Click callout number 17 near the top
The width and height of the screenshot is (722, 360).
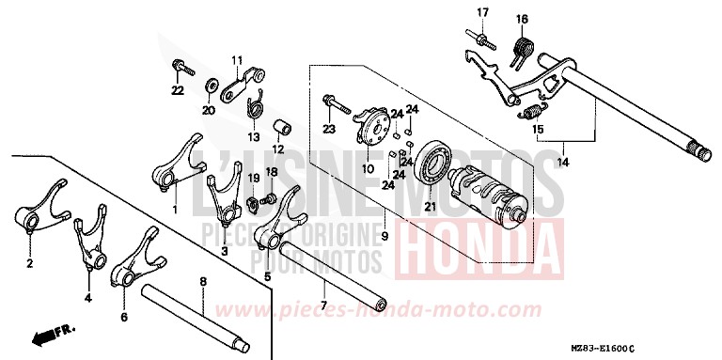click(x=482, y=12)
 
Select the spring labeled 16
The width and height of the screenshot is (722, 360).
click(x=522, y=46)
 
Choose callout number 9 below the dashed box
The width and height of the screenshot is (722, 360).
click(x=384, y=236)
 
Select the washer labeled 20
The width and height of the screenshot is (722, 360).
click(x=208, y=87)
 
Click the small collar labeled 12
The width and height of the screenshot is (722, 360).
click(x=280, y=127)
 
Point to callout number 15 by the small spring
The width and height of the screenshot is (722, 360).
click(x=539, y=129)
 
